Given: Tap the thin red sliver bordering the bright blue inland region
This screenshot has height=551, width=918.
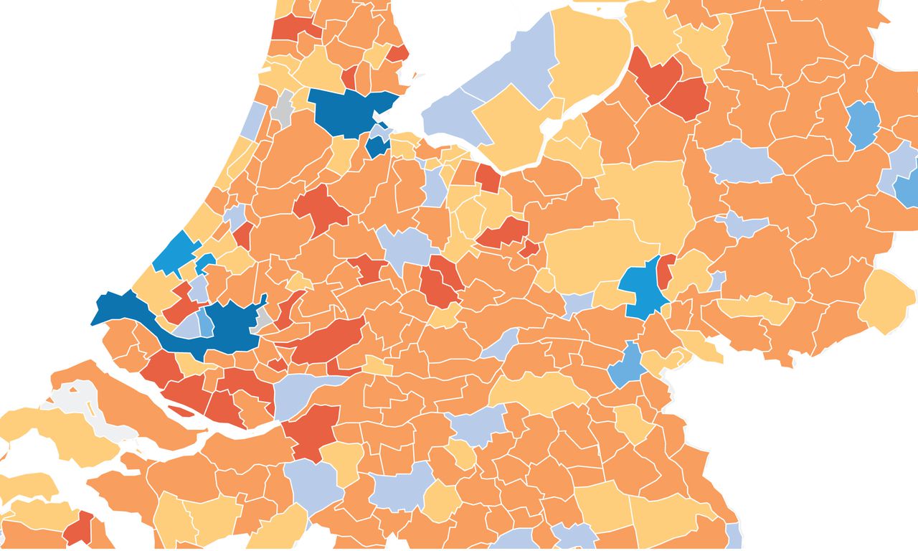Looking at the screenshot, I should point(665,273).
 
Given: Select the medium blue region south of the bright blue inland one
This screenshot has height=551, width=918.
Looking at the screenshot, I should point(626,366).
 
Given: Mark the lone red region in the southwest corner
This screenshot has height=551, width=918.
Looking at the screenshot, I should point(79,529).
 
